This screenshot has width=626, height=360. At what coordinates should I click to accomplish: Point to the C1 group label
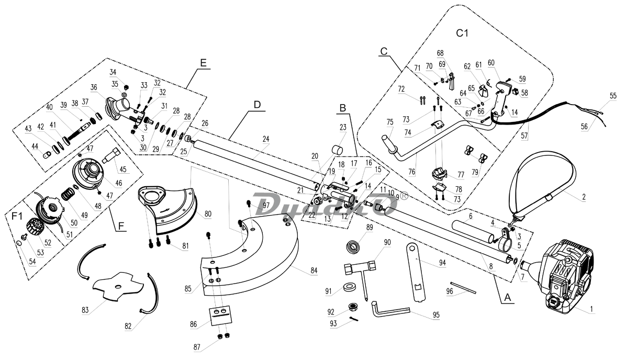(x=462, y=33)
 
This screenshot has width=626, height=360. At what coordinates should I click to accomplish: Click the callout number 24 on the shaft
(x=266, y=139)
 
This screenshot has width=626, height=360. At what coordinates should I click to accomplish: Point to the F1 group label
(x=17, y=215)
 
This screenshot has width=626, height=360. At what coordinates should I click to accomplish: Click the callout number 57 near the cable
(x=524, y=136)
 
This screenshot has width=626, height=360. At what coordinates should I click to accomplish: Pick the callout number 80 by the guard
(x=208, y=213)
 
